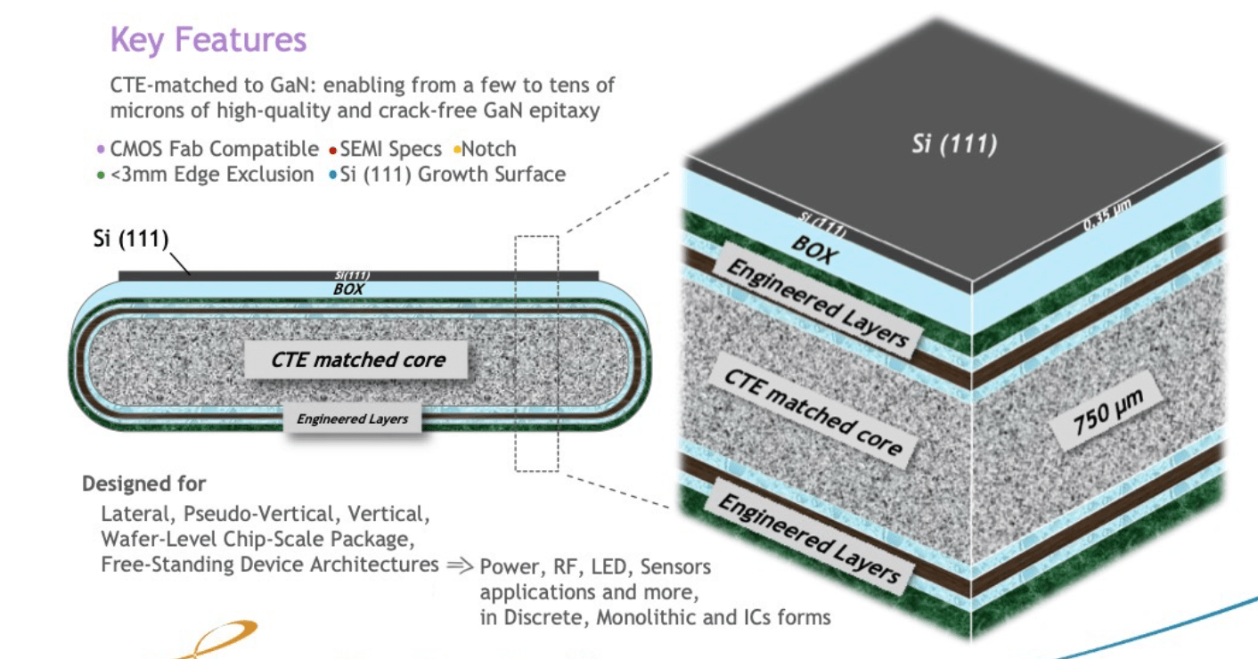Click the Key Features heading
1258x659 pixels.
[x=208, y=40]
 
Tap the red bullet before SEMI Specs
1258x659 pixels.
[x=332, y=149]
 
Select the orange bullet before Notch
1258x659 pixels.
[x=455, y=149]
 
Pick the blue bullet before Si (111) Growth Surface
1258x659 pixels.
[x=332, y=175]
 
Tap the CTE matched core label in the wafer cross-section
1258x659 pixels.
[x=357, y=360]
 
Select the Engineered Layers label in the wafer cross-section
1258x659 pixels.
[x=352, y=419]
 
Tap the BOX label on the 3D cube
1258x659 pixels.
[x=813, y=252]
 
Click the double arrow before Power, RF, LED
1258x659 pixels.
[x=459, y=565]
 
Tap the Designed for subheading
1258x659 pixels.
[x=143, y=484]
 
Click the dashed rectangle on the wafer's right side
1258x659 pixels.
[x=536, y=353]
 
